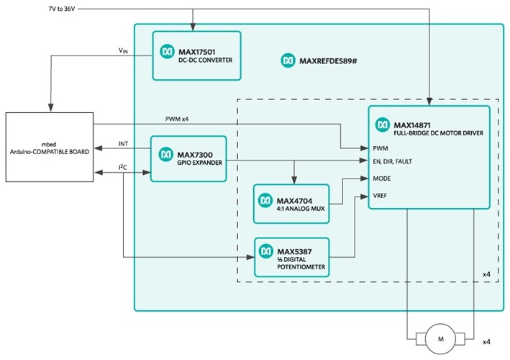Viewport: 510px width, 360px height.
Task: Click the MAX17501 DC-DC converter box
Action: [x=196, y=55]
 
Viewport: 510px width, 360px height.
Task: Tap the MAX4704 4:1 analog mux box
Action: [x=291, y=203]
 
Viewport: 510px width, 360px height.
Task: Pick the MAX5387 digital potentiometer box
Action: [x=291, y=257]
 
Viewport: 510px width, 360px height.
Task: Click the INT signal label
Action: [x=123, y=144]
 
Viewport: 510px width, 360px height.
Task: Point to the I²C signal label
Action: [x=123, y=167]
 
